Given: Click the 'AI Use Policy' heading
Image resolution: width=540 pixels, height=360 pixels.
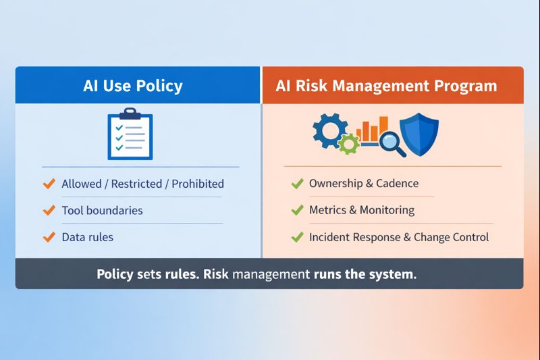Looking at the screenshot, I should click(x=133, y=86).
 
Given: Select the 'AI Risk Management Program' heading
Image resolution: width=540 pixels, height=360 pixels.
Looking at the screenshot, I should click(x=386, y=86).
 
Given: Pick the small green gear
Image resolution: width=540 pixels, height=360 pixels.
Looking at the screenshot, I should click(x=349, y=143).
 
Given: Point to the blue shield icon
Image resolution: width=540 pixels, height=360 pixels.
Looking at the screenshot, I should click(x=419, y=134).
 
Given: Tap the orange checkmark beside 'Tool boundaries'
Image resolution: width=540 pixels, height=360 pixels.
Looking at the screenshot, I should click(x=49, y=210).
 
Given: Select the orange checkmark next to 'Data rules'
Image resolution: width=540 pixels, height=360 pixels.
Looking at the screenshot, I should click(x=49, y=237).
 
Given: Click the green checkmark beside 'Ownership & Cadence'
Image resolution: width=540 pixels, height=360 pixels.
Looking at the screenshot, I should click(x=296, y=183).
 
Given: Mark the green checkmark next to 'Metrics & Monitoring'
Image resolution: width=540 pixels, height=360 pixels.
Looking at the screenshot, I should click(x=296, y=210).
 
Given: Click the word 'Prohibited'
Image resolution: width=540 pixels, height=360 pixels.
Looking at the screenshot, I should click(x=196, y=184).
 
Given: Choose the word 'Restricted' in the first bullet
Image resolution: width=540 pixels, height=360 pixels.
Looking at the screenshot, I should click(x=138, y=184).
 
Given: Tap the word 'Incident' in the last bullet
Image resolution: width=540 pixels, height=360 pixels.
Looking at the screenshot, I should click(x=330, y=237).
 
